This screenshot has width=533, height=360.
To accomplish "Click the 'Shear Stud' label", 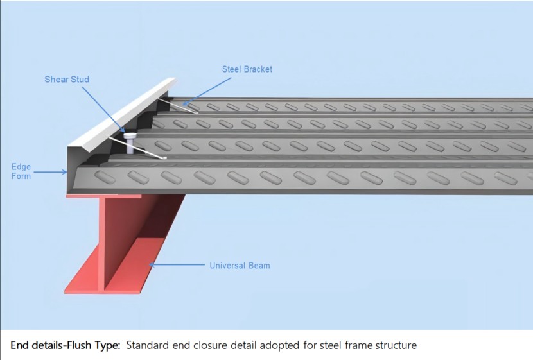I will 67,80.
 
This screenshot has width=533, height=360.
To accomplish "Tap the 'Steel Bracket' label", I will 247,69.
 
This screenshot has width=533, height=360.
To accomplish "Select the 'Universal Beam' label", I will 240,265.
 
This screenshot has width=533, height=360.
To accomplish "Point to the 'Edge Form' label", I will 21,171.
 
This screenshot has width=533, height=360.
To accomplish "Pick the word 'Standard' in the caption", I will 147,345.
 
